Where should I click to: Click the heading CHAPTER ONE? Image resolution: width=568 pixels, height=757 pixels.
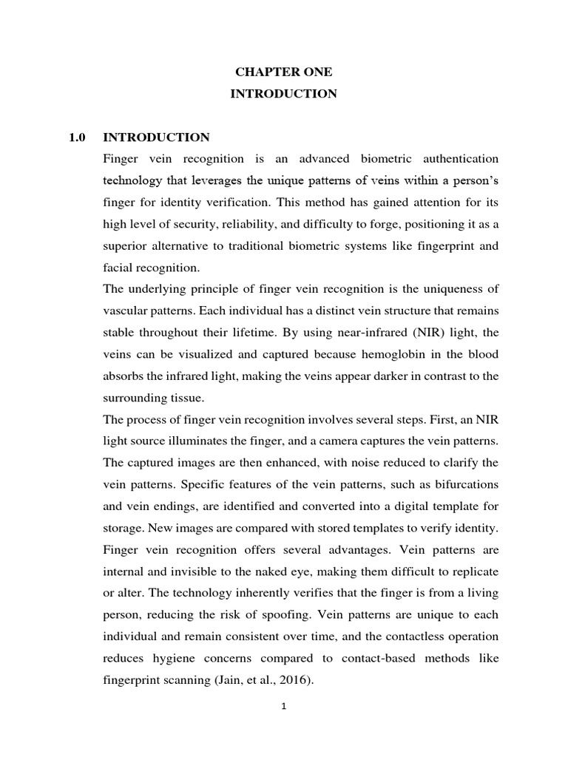[x=284, y=72]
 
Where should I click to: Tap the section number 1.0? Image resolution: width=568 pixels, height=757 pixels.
[x=77, y=138]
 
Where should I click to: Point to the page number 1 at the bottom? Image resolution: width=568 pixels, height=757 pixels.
[x=284, y=706]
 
